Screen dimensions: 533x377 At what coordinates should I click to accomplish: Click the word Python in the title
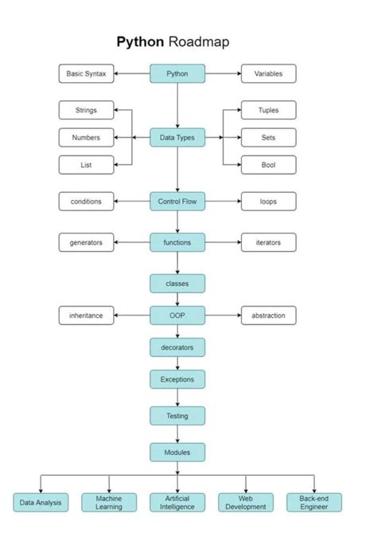click(x=142, y=41)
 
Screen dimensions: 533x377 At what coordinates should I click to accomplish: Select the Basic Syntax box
click(x=86, y=74)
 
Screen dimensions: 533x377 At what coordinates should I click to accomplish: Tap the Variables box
click(x=268, y=74)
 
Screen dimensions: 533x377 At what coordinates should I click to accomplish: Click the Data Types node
click(x=177, y=138)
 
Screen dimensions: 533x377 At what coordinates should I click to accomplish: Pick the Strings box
click(x=86, y=111)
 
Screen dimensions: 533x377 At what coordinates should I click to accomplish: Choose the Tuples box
click(x=268, y=111)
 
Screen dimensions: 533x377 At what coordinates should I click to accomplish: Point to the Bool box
click(x=268, y=165)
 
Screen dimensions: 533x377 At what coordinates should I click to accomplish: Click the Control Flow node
click(x=177, y=202)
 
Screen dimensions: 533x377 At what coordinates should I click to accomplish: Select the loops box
click(x=268, y=202)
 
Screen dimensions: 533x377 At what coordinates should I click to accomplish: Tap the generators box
click(x=86, y=242)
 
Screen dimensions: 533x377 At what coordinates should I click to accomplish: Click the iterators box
click(x=268, y=242)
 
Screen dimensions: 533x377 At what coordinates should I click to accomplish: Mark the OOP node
click(x=177, y=315)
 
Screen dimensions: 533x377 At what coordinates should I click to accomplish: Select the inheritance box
click(x=86, y=315)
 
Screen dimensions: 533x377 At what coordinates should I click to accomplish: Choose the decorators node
click(x=177, y=347)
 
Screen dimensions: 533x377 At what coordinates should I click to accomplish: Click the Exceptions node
click(x=177, y=379)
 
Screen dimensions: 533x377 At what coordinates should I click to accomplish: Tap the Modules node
click(x=177, y=452)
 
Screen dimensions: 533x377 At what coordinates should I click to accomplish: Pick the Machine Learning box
click(x=109, y=503)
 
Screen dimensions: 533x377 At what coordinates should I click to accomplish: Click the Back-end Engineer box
click(x=313, y=503)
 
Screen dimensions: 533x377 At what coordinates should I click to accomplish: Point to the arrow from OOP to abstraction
click(x=223, y=315)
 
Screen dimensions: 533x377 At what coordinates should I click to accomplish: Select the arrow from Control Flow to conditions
click(x=132, y=202)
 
